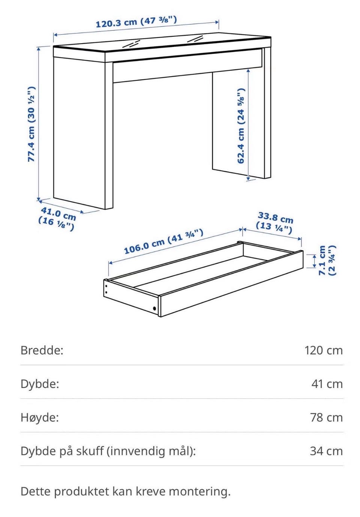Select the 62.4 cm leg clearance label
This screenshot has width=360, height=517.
pyautogui.click(x=241, y=126)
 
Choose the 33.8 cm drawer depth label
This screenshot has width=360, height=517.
pyautogui.click(x=274, y=223)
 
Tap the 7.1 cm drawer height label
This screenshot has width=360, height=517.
pyautogui.click(x=327, y=260)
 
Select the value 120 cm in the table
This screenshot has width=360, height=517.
pyautogui.click(x=324, y=350)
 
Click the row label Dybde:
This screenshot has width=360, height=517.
pyautogui.click(x=40, y=384)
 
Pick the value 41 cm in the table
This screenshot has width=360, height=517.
pyautogui.click(x=327, y=384)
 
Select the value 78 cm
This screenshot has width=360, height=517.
pyautogui.click(x=326, y=418)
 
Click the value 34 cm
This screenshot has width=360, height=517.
pyautogui.click(x=326, y=451)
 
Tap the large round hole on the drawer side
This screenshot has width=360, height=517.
pyautogui.click(x=154, y=308)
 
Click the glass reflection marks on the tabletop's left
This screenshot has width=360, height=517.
pyautogui.click(x=131, y=44)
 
